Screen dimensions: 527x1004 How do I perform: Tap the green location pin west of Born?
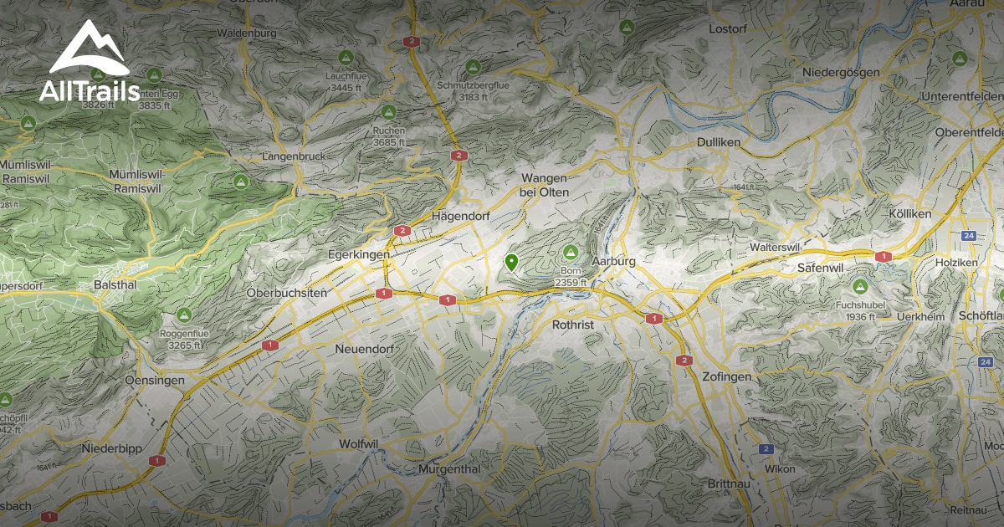[511, 263]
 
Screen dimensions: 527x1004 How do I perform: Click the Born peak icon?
[571, 251]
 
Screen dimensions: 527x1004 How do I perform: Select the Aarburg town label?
[613, 261]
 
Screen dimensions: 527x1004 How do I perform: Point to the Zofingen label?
[727, 376]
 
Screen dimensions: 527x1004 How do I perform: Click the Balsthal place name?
[115, 284]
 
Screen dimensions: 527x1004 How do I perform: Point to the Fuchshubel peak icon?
[859, 287]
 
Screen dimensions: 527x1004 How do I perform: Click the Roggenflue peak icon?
[184, 315]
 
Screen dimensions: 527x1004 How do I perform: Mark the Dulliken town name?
[719, 142]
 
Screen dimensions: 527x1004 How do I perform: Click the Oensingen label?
[154, 380]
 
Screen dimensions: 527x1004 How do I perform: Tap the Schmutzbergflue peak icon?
[473, 66]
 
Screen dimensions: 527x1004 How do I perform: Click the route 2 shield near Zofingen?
[684, 361]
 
